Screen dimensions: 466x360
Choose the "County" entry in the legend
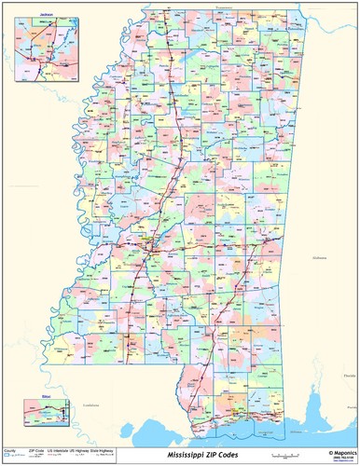(10, 449)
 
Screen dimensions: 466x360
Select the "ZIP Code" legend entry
(37, 449)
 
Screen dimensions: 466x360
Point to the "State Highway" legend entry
(105, 449)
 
